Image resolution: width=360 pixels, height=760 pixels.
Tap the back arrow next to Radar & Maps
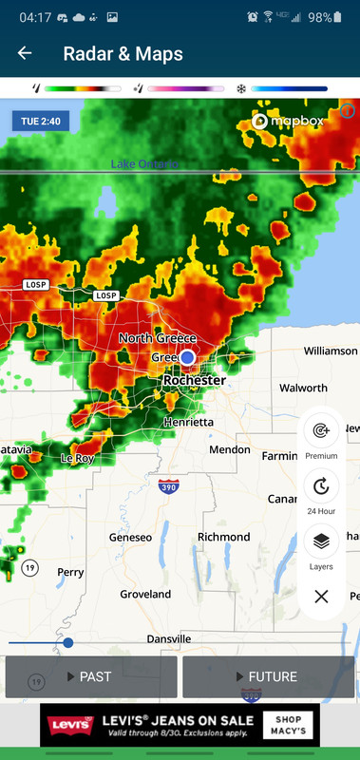coord(25,54)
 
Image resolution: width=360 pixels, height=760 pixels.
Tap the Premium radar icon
coord(321,430)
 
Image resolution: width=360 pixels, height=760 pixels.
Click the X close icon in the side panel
coord(321,597)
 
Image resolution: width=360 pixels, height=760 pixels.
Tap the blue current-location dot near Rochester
coord(188,356)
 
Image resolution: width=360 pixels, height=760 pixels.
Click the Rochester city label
coord(195,380)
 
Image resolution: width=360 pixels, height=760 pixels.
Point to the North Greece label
coord(158,338)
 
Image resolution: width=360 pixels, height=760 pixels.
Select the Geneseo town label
coord(131,537)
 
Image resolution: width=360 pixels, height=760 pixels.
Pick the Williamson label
coord(331,351)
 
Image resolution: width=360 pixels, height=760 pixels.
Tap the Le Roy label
coord(78,458)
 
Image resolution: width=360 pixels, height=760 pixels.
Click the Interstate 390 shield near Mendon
coord(167,486)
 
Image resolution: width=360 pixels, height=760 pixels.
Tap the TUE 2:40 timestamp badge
coord(40,122)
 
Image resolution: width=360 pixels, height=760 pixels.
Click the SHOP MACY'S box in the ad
coord(289,725)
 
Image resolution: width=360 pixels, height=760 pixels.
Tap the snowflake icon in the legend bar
coord(241,89)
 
